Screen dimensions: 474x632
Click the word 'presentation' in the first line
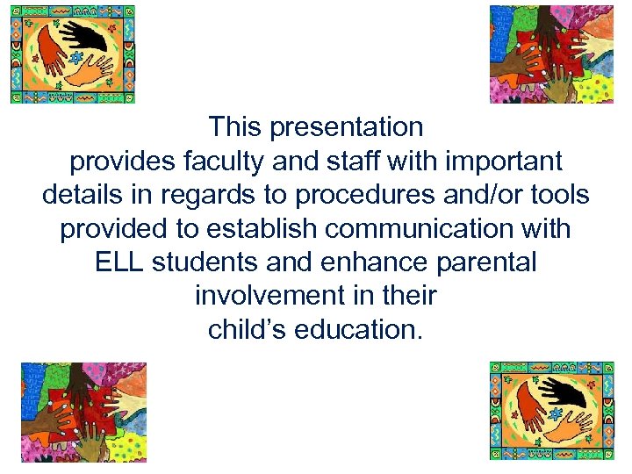[x=347, y=128]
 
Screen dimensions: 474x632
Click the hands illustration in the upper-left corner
[x=73, y=54]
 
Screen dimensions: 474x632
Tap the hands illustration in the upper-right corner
[x=551, y=54]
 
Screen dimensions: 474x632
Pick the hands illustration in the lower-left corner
[x=83, y=412]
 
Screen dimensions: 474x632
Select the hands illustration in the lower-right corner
[x=551, y=411]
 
